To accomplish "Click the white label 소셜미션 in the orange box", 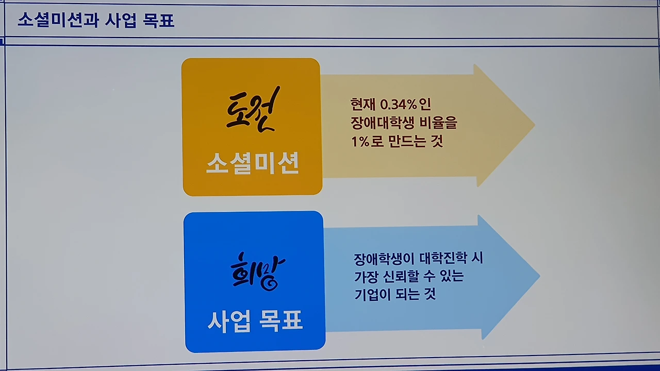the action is [x=253, y=164].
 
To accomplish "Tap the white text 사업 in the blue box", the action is [x=229, y=321].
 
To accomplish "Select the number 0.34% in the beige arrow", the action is [x=398, y=105].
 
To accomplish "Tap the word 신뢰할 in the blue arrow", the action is [x=408, y=277].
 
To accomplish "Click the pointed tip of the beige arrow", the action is [x=534, y=125].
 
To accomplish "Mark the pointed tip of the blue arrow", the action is [x=539, y=277].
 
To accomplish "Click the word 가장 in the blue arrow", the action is [x=367, y=277].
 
